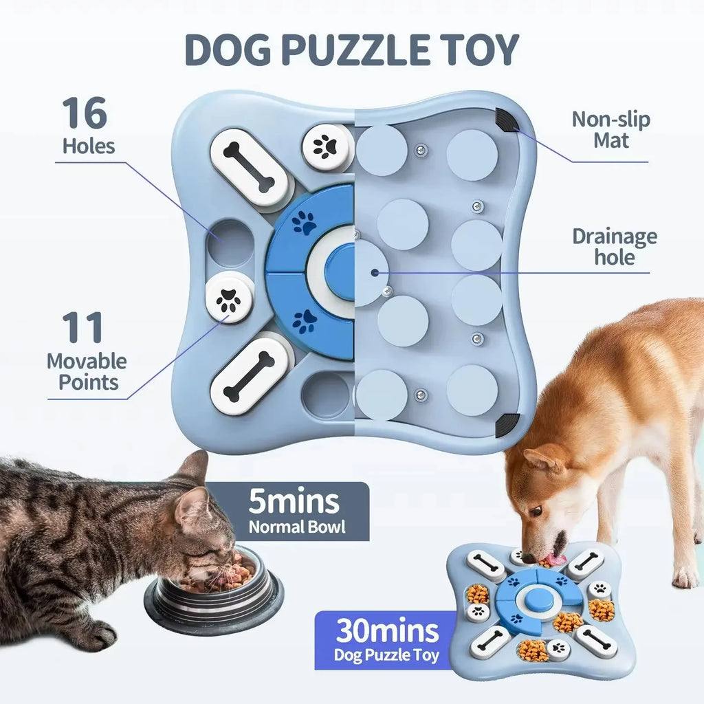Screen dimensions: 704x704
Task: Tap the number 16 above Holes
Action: pos(85,113)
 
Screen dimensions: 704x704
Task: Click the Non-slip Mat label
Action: pos(610,130)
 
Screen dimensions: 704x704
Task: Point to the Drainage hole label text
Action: pos(614,247)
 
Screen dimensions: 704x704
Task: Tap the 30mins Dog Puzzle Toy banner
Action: pos(386,639)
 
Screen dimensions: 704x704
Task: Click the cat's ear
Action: pos(192,470)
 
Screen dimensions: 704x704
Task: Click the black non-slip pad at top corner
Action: pos(507,121)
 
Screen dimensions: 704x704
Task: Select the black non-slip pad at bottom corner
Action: pos(507,424)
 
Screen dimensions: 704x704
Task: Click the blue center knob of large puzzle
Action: pos(339,271)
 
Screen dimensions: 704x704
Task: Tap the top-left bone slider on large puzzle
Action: pos(248,168)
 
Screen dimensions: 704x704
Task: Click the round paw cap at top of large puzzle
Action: pos(324,147)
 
